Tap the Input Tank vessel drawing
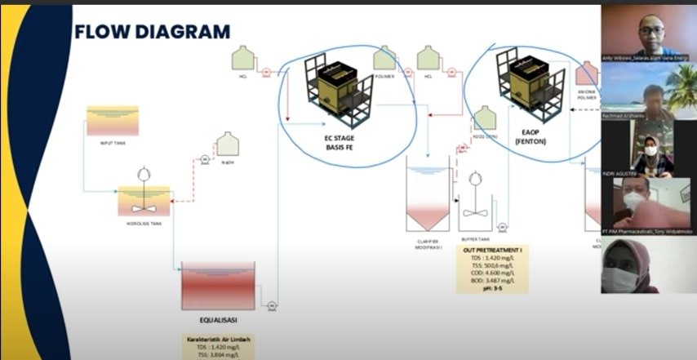click(113, 121)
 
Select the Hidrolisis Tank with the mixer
click(144, 198)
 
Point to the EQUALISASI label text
click(216, 319)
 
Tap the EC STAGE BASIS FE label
click(339, 144)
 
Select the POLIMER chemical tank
click(385, 58)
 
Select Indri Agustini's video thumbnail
click(649, 149)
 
